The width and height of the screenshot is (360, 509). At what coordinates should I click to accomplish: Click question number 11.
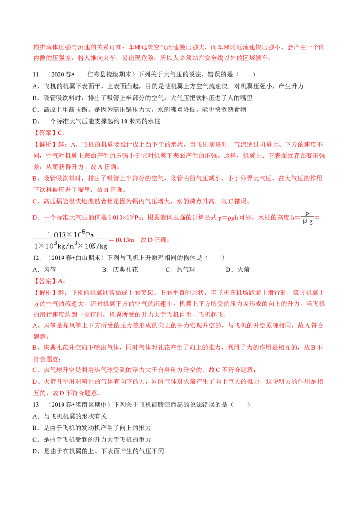(x=36, y=75)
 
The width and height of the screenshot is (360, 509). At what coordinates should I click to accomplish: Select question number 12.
(x=36, y=258)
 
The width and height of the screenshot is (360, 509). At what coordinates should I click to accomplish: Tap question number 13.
(x=36, y=405)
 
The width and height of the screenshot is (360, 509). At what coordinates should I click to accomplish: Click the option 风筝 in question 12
(x=49, y=270)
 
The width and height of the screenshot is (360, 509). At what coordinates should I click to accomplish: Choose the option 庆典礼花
(x=125, y=270)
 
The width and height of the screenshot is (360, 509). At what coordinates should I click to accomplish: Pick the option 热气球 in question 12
(x=185, y=270)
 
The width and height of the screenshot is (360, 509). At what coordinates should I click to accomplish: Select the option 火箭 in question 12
(x=243, y=270)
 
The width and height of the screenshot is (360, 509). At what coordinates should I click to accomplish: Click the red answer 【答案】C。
(x=49, y=133)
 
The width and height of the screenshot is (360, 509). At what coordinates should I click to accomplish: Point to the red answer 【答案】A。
(x=49, y=281)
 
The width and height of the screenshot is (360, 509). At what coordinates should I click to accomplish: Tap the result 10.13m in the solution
(x=125, y=240)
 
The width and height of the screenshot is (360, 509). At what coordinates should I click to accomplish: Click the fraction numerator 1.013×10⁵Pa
(x=71, y=234)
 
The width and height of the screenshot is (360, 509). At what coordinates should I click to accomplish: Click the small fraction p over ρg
(x=307, y=218)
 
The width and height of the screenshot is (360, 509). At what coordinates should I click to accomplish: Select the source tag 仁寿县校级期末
(x=109, y=75)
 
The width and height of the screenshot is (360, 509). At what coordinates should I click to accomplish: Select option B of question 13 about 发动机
(x=92, y=428)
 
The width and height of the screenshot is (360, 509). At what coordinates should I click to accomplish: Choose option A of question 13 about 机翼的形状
(x=70, y=416)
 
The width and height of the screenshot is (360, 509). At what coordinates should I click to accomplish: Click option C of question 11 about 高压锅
(x=139, y=110)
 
